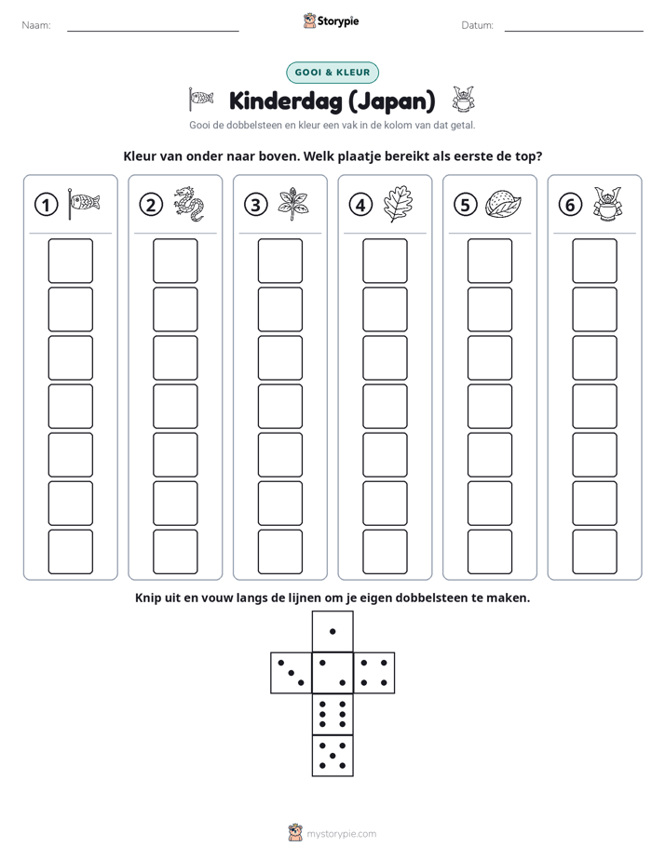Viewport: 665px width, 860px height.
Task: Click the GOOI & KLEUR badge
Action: [332, 73]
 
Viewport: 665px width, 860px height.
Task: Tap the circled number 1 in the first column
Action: [46, 205]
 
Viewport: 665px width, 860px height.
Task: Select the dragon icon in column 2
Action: [189, 204]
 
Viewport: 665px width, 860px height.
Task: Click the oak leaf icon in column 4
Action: [398, 204]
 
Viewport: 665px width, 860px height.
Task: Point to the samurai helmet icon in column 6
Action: [607, 204]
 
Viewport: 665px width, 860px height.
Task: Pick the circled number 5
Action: [466, 205]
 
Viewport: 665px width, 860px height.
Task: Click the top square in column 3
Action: [279, 261]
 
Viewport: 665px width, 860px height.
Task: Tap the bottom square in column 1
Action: [70, 552]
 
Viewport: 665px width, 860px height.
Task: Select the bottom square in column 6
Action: [594, 552]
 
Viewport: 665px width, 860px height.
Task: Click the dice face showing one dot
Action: [332, 631]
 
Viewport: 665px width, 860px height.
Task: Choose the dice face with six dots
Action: [332, 714]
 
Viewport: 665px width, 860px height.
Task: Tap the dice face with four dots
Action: [374, 673]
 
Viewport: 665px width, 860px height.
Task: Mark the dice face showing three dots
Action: [292, 673]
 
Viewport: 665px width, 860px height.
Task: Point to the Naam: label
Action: [36, 25]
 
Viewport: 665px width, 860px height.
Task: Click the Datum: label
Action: [478, 25]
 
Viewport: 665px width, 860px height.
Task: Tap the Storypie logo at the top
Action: [331, 20]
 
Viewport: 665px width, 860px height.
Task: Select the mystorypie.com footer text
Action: [341, 834]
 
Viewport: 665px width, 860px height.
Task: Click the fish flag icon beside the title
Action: [200, 100]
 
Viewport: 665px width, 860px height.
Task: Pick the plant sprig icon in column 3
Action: [293, 204]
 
